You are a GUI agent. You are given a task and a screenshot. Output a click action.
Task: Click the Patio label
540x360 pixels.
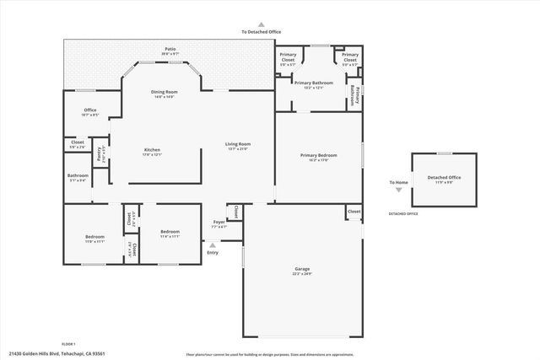(170, 50)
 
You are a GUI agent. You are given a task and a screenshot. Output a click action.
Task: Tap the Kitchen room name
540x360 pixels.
(153, 150)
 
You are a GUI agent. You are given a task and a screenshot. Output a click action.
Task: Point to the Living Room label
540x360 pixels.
(238, 144)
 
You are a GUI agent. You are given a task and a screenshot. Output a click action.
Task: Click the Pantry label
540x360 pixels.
(100, 155)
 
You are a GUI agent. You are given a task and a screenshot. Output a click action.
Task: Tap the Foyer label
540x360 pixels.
(219, 224)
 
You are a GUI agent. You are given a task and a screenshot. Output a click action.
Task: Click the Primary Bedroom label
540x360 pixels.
(319, 155)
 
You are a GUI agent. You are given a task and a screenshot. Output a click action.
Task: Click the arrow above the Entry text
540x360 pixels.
(212, 245)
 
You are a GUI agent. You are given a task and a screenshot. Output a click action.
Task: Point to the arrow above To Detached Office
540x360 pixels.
(261, 25)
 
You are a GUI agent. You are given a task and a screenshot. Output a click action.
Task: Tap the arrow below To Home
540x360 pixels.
(398, 190)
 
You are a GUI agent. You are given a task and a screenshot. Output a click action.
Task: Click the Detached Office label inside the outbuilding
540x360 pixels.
(443, 177)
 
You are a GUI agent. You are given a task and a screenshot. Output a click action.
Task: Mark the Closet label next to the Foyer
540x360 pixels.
(236, 211)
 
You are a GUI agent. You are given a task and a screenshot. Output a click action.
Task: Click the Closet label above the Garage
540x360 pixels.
(354, 211)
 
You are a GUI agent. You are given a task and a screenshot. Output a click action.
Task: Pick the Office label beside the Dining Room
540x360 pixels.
(89, 110)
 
